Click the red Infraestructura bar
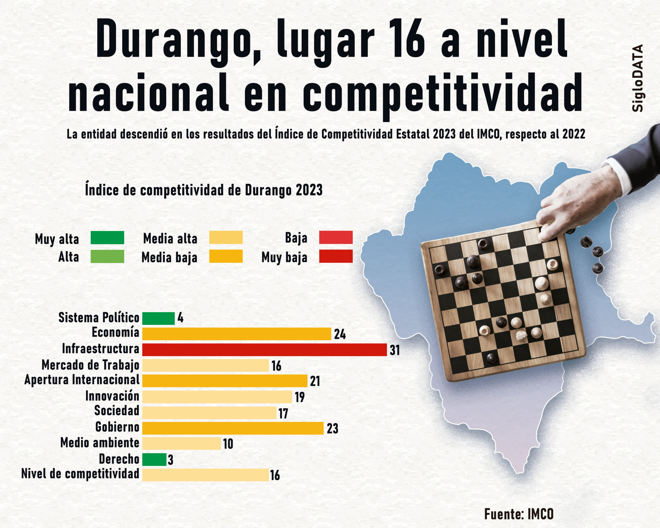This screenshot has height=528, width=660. coord(264,350)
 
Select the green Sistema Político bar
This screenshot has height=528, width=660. coord(158,318)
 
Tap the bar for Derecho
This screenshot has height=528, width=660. coord(154,460)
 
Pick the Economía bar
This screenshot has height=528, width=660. coord(236,334)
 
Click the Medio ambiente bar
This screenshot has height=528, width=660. coord(181,443)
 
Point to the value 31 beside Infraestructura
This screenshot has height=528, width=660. coord(395,350)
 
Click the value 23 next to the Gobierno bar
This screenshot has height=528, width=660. coord(332,429)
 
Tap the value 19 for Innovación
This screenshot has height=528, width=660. coord(300,397)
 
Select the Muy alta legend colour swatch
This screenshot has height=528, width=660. coord(107,238)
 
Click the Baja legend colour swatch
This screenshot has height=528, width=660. coord(336,238)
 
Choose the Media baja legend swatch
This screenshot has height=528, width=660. coord(226,256)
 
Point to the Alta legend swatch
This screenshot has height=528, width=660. coord(107,256)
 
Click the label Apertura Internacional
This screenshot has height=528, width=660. coord(82,380)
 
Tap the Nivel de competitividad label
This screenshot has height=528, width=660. coord(80,474)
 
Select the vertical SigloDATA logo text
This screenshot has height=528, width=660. coord(638,78)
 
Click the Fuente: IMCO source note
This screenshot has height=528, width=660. coord(519,514)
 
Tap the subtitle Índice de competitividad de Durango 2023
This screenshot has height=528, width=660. coord(204,190)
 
